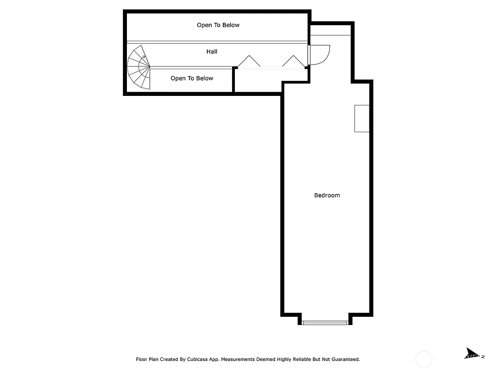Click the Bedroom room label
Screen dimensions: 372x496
point(327,195)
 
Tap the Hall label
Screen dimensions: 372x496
point(212,51)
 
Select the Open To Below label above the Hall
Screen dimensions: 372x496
point(218,25)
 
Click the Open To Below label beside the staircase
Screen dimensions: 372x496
point(192,78)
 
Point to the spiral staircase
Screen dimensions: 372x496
point(139,67)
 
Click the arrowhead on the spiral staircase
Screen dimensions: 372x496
point(144,57)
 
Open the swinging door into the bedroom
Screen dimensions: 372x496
point(319,54)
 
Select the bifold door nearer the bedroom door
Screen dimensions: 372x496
point(293,61)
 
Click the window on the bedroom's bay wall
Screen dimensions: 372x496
point(325,322)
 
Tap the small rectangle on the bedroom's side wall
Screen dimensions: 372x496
point(362,118)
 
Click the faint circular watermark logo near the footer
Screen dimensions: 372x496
point(424,359)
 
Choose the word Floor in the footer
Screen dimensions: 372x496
point(141,359)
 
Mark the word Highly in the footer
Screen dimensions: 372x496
point(285,359)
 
